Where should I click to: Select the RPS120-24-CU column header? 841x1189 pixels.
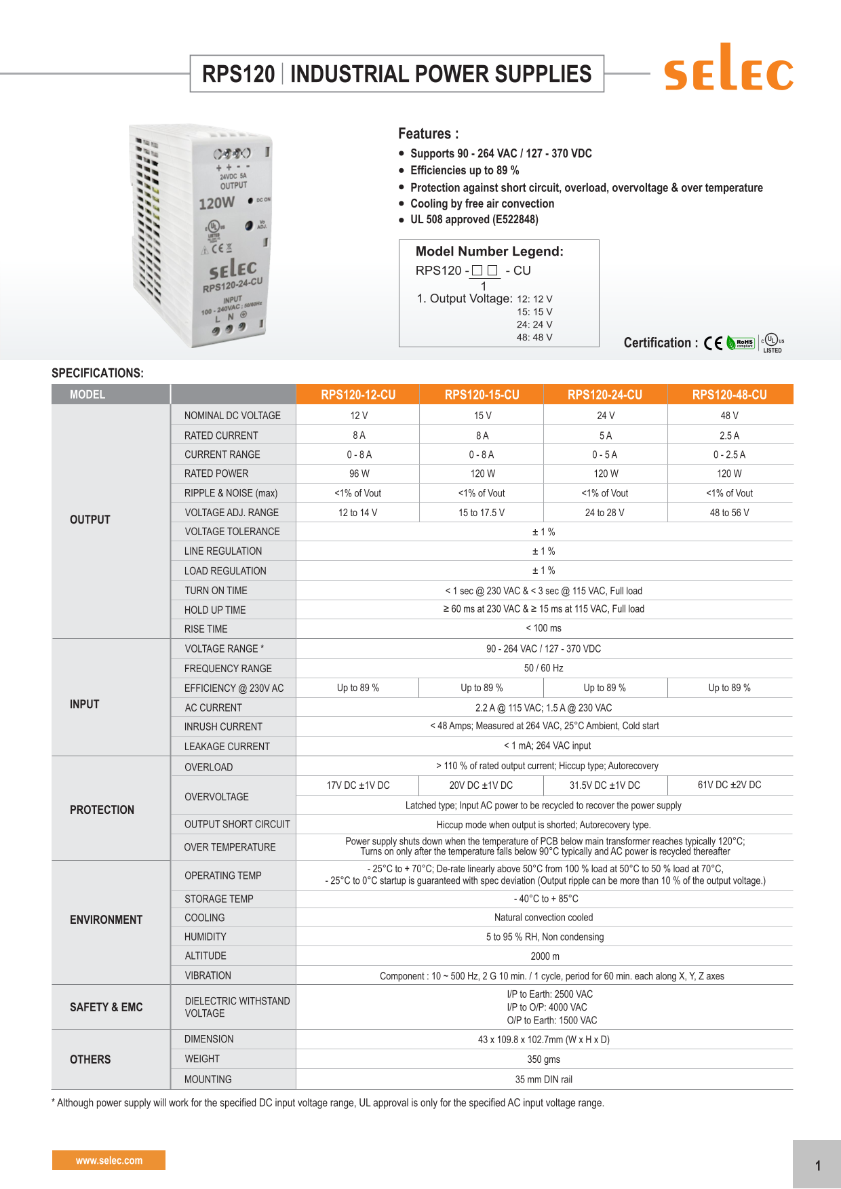pos(605,395)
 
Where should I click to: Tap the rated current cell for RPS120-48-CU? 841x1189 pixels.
pos(730,435)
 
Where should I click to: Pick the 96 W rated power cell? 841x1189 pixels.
pos(359,473)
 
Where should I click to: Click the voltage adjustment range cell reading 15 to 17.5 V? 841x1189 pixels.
pos(482,513)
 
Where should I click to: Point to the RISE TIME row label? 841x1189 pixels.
pos(206,629)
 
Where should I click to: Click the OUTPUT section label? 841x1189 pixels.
pos(90,520)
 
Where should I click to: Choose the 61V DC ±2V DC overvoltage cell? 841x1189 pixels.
pos(730,785)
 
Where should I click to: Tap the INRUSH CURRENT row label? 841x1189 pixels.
pos(223,726)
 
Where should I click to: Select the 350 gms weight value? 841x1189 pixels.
pos(543,1059)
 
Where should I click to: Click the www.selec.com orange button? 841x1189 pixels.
pos(109,1161)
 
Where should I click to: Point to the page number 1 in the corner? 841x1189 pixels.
pos(818,1166)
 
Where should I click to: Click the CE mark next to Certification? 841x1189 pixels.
pos(713,343)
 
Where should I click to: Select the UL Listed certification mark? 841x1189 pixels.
pos(772,343)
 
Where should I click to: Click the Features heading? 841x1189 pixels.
pos(428,134)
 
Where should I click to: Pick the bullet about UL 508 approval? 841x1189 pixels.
pos(474,220)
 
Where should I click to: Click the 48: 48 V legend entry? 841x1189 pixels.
pos(534,337)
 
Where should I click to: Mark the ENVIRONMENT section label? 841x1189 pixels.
pos(106,920)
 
